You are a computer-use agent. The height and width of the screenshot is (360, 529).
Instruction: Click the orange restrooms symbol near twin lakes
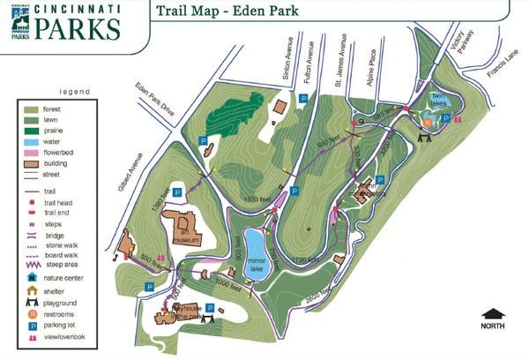coord(428,124)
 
